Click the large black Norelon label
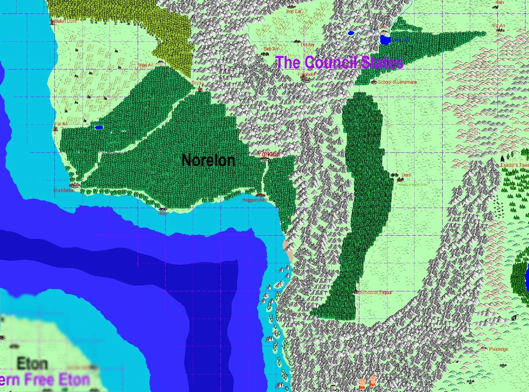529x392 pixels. (208, 161)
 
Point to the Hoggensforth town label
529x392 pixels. (256, 200)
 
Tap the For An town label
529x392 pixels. (61, 124)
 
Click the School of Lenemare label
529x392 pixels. (397, 82)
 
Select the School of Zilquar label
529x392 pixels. (376, 292)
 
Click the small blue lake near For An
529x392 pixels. (98, 128)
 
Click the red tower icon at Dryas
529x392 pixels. (200, 89)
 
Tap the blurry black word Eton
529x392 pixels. (32, 364)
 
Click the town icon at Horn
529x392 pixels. (163, 209)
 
